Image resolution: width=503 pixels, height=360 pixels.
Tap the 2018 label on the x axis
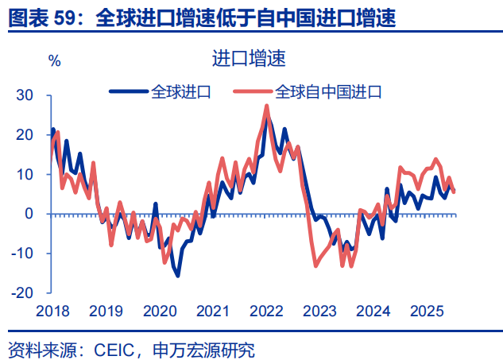pos(52,311)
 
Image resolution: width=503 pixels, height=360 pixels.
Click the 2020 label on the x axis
pos(159,311)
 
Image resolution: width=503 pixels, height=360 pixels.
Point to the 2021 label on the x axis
pos(213,311)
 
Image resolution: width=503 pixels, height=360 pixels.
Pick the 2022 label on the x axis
pos(267,311)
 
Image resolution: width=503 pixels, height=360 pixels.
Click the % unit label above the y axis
pos(54,60)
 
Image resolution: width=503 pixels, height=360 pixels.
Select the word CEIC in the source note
pos(117,348)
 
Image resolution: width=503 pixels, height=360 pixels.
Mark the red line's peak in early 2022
pos(266,106)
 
